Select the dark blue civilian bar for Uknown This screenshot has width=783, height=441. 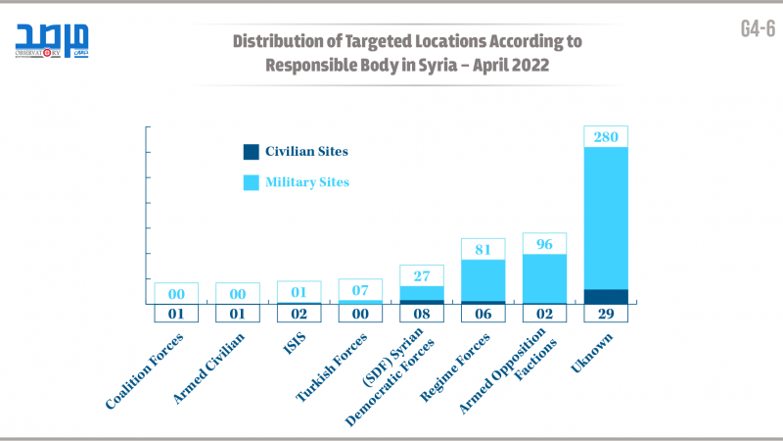[x=606, y=296]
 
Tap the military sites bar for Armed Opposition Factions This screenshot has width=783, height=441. [x=544, y=278]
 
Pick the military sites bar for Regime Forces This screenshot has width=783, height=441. [x=484, y=280]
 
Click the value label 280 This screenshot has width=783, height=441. [x=606, y=137]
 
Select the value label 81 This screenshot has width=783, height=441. [x=484, y=249]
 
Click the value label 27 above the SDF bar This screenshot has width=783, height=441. [x=422, y=275]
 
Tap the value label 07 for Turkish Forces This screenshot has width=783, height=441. [x=360, y=290]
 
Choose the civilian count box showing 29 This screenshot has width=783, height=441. [x=606, y=314]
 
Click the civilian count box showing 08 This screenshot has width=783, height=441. [x=422, y=314]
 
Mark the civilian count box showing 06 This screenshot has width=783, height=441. [x=484, y=314]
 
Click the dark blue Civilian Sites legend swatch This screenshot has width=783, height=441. [x=252, y=152]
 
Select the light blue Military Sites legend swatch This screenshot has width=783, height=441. [x=252, y=182]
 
